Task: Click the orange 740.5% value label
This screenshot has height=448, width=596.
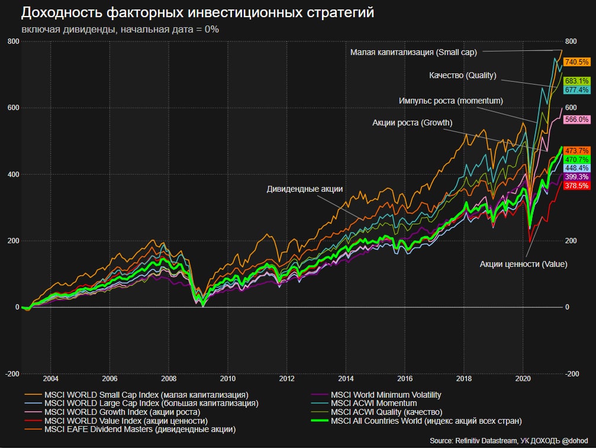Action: [x=576, y=62]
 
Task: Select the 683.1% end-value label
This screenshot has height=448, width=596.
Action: [x=576, y=80]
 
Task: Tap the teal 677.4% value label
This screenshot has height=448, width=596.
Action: [x=576, y=90]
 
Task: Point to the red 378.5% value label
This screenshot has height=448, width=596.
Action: [x=576, y=186]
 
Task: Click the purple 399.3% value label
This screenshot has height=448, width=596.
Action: [x=576, y=177]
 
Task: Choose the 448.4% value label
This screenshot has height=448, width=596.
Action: [x=576, y=168]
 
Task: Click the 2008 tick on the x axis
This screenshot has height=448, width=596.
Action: [x=169, y=379]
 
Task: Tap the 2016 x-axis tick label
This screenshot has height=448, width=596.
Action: [x=405, y=379]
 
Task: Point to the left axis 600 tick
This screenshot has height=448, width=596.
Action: [x=13, y=108]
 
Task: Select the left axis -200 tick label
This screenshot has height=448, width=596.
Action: [x=12, y=374]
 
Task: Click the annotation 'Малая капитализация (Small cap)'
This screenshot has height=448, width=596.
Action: [x=413, y=52]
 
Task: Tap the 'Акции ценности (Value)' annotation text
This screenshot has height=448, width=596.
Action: [x=523, y=264]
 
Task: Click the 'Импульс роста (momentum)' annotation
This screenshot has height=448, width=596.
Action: [x=451, y=101]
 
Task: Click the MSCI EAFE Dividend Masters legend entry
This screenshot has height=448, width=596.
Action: [x=140, y=430]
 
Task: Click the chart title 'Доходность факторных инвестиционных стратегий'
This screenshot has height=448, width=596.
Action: [x=198, y=13]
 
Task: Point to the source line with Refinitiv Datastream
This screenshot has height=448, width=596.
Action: [x=513, y=441]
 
